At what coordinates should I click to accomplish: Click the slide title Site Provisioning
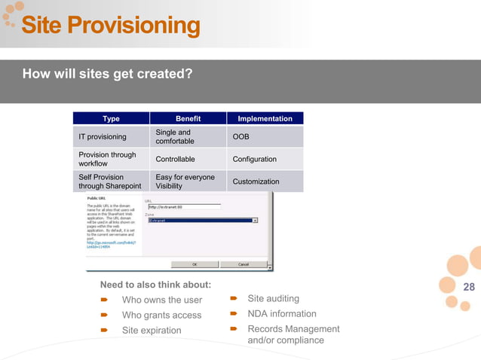click(110, 26)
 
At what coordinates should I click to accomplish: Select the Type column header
click(111, 118)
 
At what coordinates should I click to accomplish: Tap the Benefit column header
click(188, 118)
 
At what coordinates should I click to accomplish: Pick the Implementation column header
click(265, 118)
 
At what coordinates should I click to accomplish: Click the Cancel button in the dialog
click(244, 264)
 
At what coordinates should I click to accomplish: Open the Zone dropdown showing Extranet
click(203, 221)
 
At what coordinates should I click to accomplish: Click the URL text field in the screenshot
click(184, 206)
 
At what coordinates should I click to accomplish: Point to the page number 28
click(468, 287)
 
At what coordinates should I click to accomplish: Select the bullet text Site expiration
click(152, 330)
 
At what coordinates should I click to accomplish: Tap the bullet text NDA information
click(282, 313)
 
